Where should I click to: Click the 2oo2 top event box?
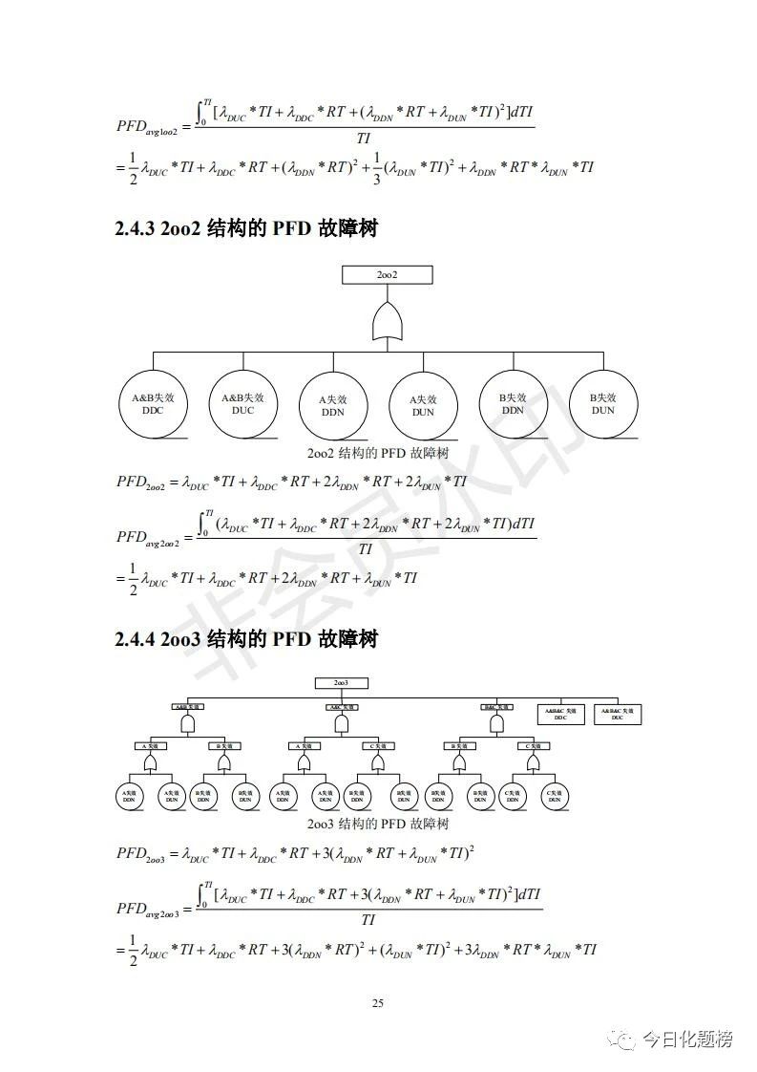[x=387, y=274]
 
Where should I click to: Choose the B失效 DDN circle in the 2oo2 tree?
[x=513, y=403]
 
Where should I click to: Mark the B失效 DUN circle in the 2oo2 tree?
[x=602, y=403]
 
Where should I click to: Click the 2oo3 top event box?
[x=341, y=683]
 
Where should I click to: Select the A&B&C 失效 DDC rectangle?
[x=560, y=714]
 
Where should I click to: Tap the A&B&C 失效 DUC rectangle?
[x=618, y=714]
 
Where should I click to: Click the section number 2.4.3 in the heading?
[x=134, y=229]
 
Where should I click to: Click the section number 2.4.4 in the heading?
[x=134, y=639]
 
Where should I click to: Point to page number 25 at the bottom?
[x=378, y=1003]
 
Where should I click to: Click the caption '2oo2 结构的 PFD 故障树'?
[x=378, y=452]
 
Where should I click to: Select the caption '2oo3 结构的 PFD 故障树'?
[x=378, y=824]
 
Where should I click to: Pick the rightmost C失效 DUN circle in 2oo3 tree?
[x=555, y=796]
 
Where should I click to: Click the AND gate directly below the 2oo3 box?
[x=341, y=724]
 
